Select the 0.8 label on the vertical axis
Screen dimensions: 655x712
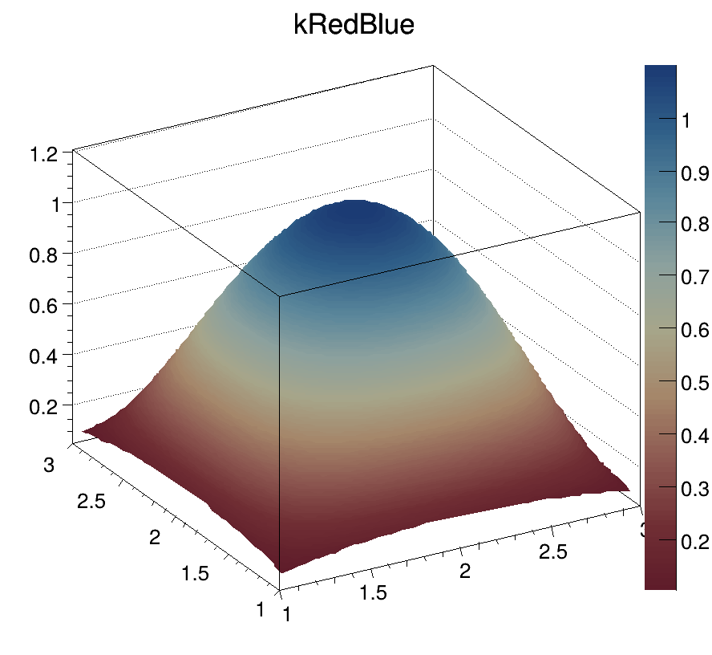pyautogui.click(x=46, y=254)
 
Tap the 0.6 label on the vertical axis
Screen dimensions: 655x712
pyautogui.click(x=46, y=304)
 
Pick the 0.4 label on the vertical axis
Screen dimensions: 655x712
pyautogui.click(x=46, y=355)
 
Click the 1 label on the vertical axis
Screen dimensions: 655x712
pyautogui.click(x=56, y=204)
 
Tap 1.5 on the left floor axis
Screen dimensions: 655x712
pyautogui.click(x=195, y=572)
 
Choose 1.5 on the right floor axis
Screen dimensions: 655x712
pyautogui.click(x=372, y=592)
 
